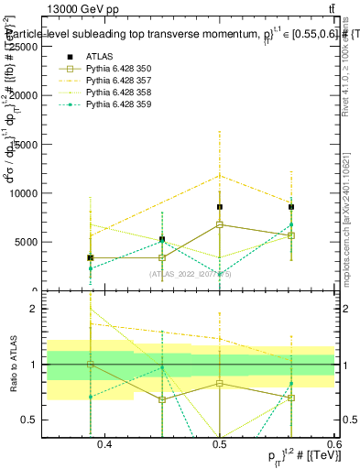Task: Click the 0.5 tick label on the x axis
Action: [219, 444]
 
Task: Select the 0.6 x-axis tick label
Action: [328, 444]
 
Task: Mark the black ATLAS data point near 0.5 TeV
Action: [220, 207]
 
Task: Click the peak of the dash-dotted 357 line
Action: [220, 175]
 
